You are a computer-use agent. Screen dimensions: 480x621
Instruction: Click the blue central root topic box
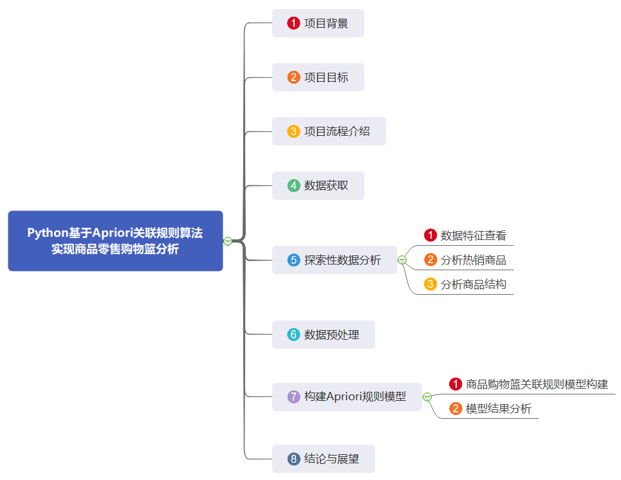click(115, 241)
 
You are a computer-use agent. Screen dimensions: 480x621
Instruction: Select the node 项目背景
click(318, 23)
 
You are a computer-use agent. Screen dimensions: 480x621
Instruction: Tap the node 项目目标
click(318, 77)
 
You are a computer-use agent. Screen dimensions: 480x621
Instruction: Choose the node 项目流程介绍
click(329, 131)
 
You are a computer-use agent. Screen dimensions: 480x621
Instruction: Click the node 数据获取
click(318, 185)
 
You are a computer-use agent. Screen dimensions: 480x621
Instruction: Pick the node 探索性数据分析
click(334, 260)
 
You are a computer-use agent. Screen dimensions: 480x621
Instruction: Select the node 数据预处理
click(323, 335)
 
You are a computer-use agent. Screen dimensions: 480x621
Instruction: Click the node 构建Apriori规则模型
click(347, 396)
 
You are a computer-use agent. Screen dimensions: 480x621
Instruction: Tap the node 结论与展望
click(323, 459)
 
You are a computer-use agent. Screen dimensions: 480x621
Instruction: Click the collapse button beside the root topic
click(228, 241)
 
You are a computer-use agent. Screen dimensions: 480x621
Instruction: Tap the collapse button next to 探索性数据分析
click(402, 260)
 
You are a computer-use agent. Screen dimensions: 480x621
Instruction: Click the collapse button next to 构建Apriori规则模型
click(427, 397)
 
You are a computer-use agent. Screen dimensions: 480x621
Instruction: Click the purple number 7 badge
click(293, 397)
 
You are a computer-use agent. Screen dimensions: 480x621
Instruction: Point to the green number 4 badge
click(293, 185)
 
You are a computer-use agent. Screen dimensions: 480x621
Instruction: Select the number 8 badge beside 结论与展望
click(293, 459)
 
